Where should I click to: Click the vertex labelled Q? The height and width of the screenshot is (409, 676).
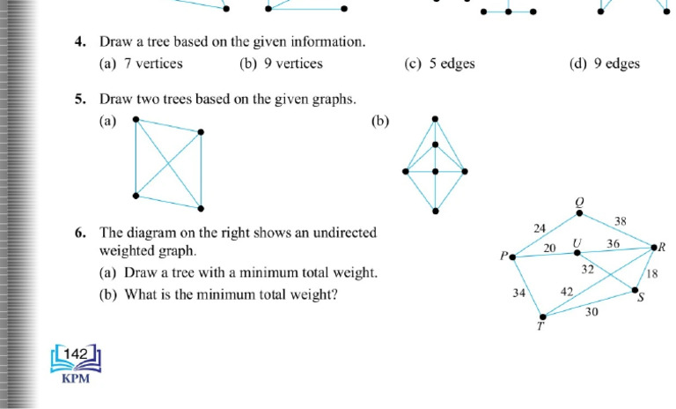click(578, 212)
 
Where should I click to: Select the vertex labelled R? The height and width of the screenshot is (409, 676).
click(652, 248)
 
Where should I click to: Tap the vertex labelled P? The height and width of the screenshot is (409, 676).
click(513, 257)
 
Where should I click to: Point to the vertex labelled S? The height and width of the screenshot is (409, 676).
click(635, 290)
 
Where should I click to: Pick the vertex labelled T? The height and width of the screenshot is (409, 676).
click(542, 316)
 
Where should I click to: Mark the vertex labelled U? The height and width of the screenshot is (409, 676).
click(577, 253)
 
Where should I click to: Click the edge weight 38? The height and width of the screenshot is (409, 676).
click(621, 222)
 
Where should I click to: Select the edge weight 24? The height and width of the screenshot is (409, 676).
click(540, 228)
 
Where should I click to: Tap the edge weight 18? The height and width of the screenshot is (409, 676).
click(651, 274)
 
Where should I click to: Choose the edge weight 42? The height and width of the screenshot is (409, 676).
click(567, 291)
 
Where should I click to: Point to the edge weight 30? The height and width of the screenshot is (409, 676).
click(591, 311)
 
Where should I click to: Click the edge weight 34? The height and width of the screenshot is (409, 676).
click(519, 294)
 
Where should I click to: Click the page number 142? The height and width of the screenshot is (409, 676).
click(77, 354)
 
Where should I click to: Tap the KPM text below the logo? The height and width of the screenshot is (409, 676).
click(76, 380)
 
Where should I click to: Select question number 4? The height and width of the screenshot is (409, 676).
click(79, 41)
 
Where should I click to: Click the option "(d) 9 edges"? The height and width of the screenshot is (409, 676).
click(605, 63)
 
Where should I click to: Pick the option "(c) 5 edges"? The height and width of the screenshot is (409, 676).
click(439, 63)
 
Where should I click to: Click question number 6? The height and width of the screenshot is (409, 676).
click(79, 233)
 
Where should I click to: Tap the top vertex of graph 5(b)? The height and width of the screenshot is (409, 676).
click(435, 118)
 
